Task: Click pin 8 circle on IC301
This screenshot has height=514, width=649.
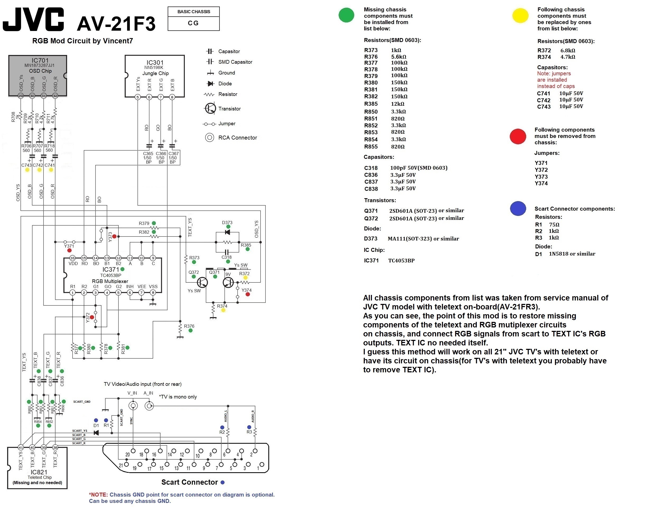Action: (172, 97)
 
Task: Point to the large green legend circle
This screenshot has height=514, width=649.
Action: (346, 15)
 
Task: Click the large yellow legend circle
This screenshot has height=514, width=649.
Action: (520, 16)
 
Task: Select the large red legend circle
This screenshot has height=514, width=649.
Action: (517, 136)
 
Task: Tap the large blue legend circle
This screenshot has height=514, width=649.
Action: (517, 209)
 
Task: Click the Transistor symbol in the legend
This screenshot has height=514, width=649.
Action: (210, 108)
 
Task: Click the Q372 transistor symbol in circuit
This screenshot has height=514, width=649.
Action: (202, 282)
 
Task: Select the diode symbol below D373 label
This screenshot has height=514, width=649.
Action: (227, 232)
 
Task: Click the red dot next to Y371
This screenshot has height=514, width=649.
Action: (69, 250)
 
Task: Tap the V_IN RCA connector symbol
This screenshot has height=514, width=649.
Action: (133, 406)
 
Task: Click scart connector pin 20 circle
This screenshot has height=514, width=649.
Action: (133, 451)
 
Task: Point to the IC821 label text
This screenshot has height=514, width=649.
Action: (39, 472)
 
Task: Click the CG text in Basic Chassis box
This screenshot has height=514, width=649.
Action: (193, 23)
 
